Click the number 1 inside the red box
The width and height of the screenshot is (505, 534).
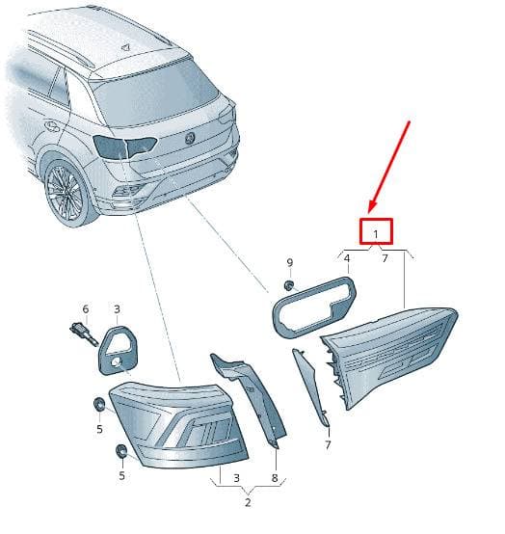(376, 234)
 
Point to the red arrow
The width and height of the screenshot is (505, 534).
(389, 167)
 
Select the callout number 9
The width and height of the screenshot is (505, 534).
(290, 262)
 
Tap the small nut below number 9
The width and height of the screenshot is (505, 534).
(289, 284)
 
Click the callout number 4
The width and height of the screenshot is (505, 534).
(347, 259)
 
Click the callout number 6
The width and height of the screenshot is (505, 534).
(86, 309)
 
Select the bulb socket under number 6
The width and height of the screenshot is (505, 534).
(84, 334)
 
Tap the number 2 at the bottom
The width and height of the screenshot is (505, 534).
(248, 502)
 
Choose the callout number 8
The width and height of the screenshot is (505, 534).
(275, 478)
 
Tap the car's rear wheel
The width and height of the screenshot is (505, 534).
(66, 193)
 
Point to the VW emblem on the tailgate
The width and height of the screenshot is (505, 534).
(189, 138)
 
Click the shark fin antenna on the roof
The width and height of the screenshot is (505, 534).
(126, 47)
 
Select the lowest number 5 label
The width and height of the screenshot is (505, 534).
(121, 475)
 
